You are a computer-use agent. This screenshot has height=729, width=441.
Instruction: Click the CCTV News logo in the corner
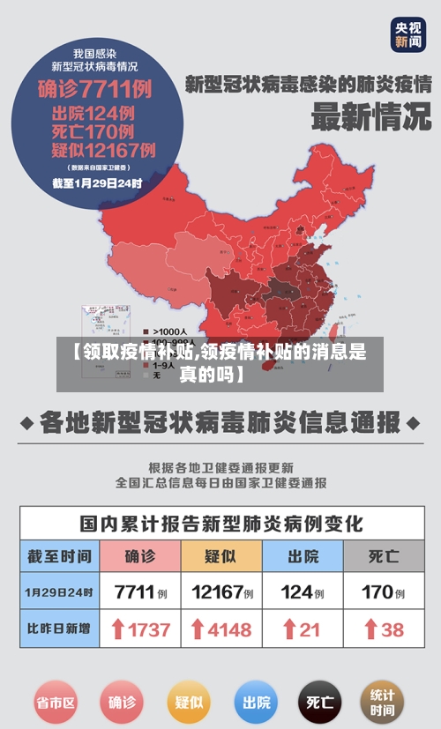click(x=408, y=34)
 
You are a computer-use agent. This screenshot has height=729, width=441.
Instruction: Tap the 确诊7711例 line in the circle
click(x=95, y=89)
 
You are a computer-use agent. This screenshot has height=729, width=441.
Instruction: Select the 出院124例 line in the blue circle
click(x=94, y=113)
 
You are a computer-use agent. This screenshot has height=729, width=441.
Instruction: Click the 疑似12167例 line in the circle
click(x=104, y=150)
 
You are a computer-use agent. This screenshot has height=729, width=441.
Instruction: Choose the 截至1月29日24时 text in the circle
click(x=97, y=183)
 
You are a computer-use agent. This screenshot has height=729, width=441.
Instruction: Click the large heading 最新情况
click(x=371, y=117)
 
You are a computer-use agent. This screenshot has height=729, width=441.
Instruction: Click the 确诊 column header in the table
click(x=140, y=556)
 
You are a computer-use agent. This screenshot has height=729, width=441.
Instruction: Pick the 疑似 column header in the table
click(x=221, y=556)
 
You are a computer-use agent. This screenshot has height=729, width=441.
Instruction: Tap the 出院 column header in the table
click(x=303, y=556)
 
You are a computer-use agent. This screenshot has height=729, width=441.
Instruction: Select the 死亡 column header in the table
click(x=384, y=556)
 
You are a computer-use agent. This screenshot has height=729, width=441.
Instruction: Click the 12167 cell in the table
click(x=221, y=592)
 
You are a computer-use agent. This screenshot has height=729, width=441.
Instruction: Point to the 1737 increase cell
click(x=140, y=630)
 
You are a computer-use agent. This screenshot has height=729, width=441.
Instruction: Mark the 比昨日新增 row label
click(x=59, y=630)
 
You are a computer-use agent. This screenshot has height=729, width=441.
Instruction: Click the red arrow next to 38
click(x=370, y=630)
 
